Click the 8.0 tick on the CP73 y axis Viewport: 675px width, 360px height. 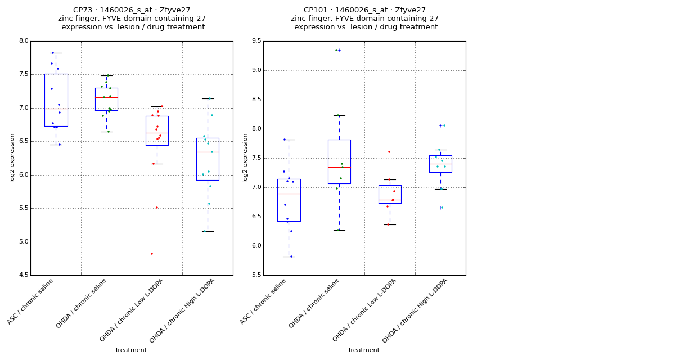point(23,41)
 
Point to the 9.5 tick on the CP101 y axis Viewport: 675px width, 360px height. point(256,41)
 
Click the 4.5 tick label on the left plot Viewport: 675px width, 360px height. point(23,276)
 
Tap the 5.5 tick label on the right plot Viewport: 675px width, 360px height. point(256,276)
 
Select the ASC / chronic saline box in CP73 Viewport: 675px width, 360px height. point(56,100)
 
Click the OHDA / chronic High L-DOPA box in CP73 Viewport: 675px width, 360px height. point(208,159)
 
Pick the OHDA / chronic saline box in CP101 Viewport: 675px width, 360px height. point(339,161)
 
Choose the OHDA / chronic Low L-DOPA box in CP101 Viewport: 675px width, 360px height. point(390,194)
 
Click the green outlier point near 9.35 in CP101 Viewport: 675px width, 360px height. point(336,50)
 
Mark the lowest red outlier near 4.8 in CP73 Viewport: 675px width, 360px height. point(152,254)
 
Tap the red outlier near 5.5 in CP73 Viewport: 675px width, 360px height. point(157,208)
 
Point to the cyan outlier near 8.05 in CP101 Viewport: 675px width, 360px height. point(444,125)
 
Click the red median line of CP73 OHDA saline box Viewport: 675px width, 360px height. point(106,97)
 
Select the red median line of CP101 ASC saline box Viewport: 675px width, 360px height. point(289,193)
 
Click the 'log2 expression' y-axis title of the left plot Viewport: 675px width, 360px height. point(12,157)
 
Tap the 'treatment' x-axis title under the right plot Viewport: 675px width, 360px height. point(364,350)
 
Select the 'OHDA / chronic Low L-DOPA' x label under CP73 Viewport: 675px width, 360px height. point(132,309)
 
